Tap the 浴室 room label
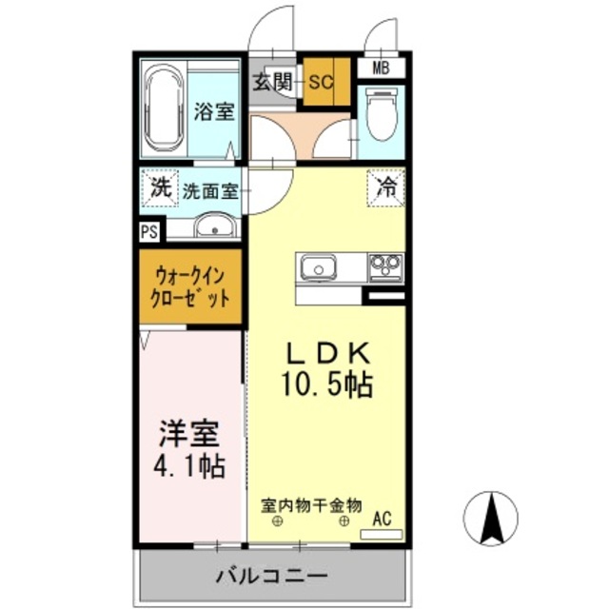click(x=214, y=111)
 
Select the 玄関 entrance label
click(x=272, y=82)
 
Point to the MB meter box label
click(x=381, y=68)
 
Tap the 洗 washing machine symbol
click(x=160, y=187)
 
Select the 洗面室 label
click(x=210, y=189)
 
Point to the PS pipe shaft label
click(x=148, y=231)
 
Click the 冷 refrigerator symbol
click(x=385, y=187)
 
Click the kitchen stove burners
click(x=385, y=265)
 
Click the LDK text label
click(x=327, y=352)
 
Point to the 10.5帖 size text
click(x=325, y=384)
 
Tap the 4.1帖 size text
click(x=190, y=468)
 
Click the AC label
click(x=382, y=519)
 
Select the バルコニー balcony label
click(x=271, y=577)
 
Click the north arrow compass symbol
click(x=491, y=519)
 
